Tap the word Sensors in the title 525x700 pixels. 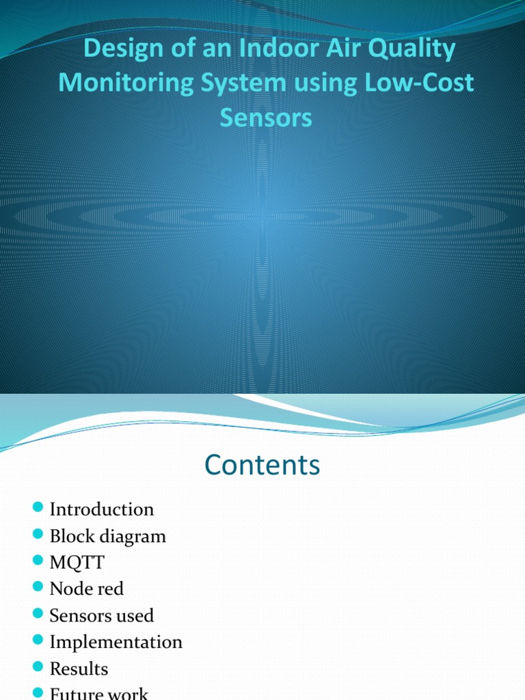(265, 117)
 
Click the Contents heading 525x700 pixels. (262, 466)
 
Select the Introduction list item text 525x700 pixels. (102, 509)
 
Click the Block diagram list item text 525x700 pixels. (107, 536)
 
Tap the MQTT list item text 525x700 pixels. (77, 563)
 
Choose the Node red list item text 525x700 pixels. (86, 589)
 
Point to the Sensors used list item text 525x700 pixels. (101, 615)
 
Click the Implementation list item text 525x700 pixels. (116, 642)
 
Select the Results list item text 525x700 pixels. (79, 669)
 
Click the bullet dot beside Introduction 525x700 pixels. (38, 508)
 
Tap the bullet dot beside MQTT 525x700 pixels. (38, 561)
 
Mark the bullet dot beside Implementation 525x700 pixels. (38, 641)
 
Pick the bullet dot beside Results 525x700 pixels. (38, 667)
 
